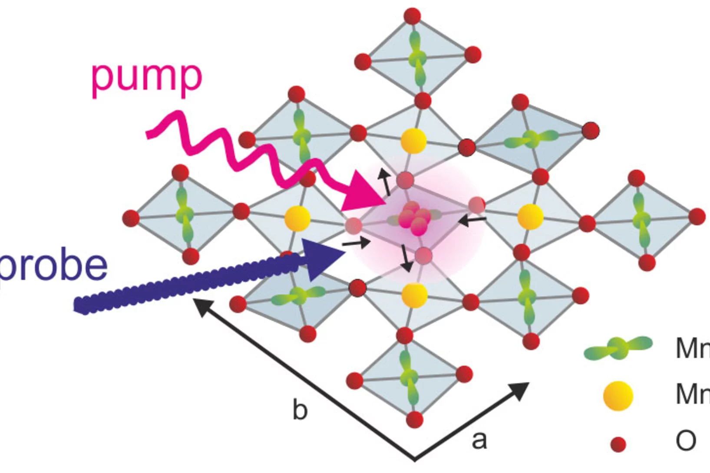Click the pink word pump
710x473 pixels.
point(146,79)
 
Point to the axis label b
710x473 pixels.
point(300,410)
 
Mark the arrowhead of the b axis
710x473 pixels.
point(200,306)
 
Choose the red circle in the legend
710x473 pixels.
point(618,444)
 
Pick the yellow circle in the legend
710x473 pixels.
point(618,396)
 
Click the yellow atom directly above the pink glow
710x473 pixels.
point(413,140)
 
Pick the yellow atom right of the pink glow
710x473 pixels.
point(531,217)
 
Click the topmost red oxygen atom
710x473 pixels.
point(412,16)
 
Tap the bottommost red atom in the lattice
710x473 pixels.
point(415,420)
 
